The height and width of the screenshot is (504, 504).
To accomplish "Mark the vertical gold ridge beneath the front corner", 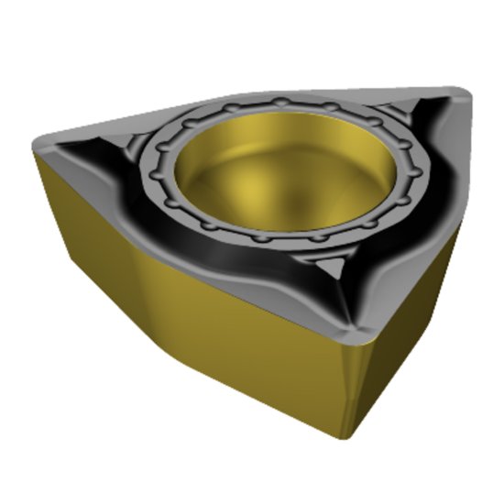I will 351,385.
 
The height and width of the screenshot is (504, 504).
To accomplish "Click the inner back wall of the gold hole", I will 266,128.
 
